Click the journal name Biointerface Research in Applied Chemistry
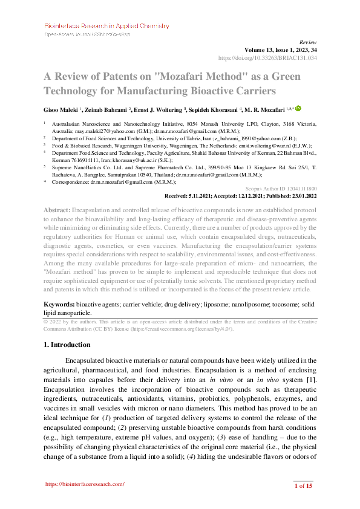(106, 26)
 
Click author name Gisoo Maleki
(62, 111)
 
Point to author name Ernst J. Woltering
(162, 111)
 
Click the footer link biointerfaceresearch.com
(85, 484)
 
